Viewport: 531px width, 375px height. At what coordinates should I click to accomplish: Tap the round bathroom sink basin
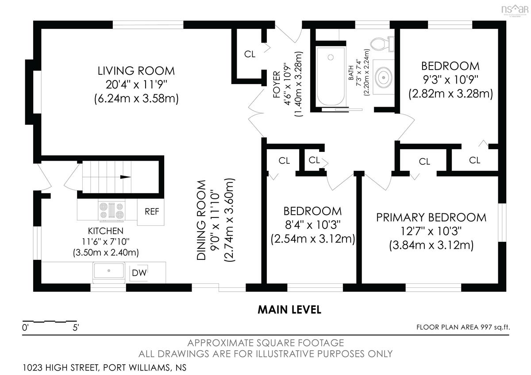[x=383, y=77]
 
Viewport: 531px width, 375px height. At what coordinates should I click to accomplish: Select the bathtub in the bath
[x=331, y=76]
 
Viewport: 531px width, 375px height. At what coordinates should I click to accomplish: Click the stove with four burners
[x=112, y=211]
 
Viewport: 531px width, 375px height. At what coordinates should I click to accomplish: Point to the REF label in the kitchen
[x=152, y=212]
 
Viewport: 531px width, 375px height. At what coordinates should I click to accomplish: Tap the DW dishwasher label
[x=139, y=273]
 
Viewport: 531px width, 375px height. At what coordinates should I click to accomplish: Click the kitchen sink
[x=109, y=271]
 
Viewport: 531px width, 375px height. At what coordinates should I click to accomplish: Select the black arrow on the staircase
[x=125, y=177]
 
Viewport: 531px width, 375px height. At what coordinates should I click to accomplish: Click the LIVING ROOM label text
[x=136, y=71]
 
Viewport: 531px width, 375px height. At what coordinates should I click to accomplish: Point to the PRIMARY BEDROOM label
[x=431, y=217]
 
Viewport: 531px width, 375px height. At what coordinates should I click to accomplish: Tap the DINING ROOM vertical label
[x=201, y=220]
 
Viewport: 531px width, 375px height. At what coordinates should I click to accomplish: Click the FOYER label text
[x=277, y=85]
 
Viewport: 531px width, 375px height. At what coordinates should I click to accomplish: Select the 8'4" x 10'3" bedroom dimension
[x=313, y=224]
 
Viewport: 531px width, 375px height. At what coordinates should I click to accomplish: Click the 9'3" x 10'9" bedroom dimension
[x=450, y=80]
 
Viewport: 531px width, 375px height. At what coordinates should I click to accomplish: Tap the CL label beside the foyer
[x=250, y=54]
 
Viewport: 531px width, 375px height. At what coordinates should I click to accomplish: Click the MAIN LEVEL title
[x=289, y=309]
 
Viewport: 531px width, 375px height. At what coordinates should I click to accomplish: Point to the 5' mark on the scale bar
[x=76, y=328]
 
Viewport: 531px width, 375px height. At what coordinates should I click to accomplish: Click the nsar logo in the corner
[x=515, y=9]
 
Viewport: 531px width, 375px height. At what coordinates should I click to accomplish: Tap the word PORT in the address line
[x=114, y=367]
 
